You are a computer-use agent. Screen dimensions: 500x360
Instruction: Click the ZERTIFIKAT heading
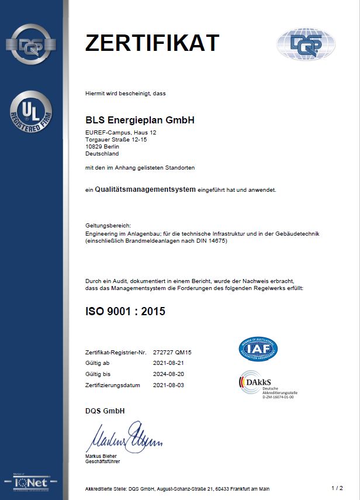point(152,43)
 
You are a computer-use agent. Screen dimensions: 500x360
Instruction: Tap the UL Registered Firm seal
point(31,112)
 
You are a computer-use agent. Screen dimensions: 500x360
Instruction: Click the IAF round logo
point(258,349)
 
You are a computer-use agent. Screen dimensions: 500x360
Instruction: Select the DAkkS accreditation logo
point(266,385)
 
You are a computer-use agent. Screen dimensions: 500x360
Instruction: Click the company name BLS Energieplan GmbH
point(140,120)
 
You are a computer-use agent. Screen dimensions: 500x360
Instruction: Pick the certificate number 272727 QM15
point(172,353)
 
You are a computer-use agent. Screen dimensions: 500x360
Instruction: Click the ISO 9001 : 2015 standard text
point(125,311)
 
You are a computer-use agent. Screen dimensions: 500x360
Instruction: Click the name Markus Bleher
point(102,456)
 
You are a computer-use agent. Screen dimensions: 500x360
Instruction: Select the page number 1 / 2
point(337,487)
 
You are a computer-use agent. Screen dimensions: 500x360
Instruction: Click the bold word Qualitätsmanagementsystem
point(145,189)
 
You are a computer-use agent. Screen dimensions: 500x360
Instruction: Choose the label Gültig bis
point(98,374)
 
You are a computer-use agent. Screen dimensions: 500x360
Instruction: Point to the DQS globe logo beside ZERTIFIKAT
point(306,43)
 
